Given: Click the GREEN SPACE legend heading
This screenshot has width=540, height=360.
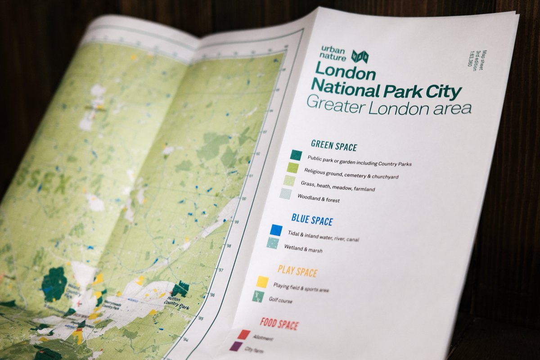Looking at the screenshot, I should (x=333, y=146).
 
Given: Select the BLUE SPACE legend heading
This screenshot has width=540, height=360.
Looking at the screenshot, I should (x=312, y=220).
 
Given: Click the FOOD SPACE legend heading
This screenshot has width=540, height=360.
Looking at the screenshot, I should (x=279, y=324).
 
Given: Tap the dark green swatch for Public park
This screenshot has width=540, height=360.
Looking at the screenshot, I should (x=296, y=155).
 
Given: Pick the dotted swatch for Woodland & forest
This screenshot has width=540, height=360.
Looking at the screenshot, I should (x=285, y=194).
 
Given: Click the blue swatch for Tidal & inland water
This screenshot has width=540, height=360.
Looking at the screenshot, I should (x=276, y=230).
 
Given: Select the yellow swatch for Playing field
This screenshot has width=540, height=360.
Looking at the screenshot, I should (x=262, y=282).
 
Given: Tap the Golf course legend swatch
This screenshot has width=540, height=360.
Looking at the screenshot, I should (x=258, y=297).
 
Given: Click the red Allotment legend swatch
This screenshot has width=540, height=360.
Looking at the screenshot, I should (x=243, y=334).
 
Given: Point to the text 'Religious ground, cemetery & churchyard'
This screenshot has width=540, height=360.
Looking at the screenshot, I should (x=351, y=174).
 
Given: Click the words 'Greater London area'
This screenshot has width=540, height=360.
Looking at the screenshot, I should (x=389, y=106).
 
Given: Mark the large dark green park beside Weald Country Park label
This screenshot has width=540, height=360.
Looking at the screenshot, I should (x=54, y=284).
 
